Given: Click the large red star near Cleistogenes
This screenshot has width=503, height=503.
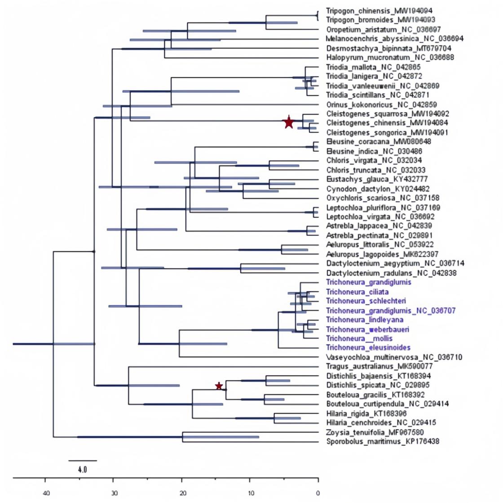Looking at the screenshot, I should (x=288, y=122).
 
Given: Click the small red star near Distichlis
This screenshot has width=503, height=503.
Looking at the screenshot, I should (x=219, y=386).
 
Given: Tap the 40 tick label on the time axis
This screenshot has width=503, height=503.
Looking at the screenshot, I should (x=45, y=494).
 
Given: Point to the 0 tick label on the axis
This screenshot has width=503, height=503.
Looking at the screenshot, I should (x=318, y=494).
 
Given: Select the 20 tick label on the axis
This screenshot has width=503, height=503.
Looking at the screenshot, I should (x=182, y=494).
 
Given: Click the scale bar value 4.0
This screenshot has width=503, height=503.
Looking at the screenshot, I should (x=82, y=469).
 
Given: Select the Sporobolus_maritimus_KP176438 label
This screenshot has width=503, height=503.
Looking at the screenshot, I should (x=383, y=442).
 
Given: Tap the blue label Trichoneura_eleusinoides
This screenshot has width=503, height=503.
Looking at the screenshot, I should (x=368, y=347).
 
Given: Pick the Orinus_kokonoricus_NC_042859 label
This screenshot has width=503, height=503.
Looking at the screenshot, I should (x=381, y=104).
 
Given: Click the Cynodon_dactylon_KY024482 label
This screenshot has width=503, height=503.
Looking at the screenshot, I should (x=378, y=189).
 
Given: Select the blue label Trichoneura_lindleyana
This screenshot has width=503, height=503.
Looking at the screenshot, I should (x=365, y=320).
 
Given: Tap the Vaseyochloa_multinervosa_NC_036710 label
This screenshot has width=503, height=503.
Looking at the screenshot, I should (x=394, y=357).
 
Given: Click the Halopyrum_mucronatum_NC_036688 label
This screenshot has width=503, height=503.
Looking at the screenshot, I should (x=390, y=57).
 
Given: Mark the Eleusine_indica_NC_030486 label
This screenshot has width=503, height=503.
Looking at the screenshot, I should (x=374, y=151).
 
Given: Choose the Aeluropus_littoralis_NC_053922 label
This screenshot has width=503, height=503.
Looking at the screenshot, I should (x=380, y=245).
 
